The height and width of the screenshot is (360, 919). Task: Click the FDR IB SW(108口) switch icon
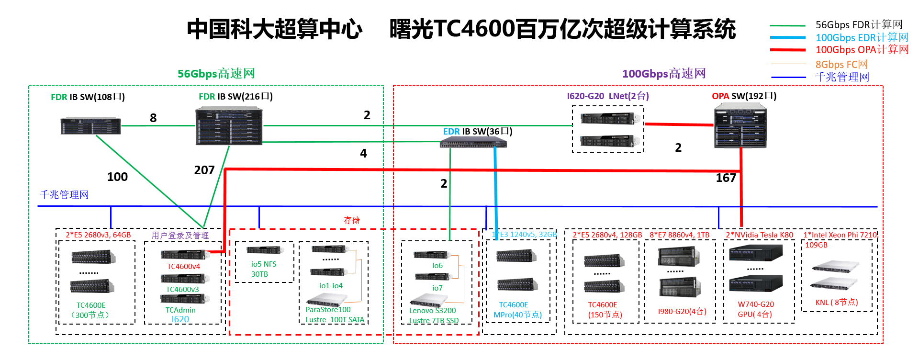pos(90,126)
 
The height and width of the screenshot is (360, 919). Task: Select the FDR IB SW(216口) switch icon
pos(229,126)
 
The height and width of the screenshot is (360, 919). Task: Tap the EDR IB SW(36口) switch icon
pos(473,142)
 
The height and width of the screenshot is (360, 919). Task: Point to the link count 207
pos(204,170)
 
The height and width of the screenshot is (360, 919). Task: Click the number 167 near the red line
pos(726,178)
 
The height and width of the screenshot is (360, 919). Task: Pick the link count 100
pos(117,177)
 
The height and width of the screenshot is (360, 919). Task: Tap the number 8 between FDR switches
pos(153,118)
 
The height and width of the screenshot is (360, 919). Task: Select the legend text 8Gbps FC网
pos(841,64)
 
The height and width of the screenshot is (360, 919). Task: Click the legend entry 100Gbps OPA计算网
pos(862,50)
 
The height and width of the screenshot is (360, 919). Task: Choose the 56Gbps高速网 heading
pos(216,74)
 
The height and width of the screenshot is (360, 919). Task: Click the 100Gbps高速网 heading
pos(664,74)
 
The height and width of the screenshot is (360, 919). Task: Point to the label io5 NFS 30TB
pos(263,269)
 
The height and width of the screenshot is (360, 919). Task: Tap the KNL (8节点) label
pos(837,303)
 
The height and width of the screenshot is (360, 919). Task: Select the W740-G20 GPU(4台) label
pos(756,309)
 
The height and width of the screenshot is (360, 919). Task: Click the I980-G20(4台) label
pos(682,312)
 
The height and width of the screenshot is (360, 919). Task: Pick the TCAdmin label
pos(180,310)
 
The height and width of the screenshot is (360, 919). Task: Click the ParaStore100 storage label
pos(328,310)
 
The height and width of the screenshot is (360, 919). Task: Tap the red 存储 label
pos(352,220)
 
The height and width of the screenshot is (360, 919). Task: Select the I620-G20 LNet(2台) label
pos(608,96)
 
